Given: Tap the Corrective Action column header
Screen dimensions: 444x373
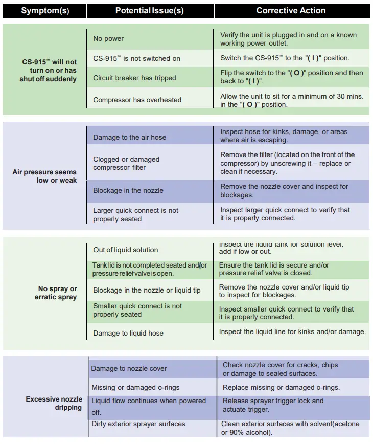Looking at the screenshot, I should [x=291, y=11].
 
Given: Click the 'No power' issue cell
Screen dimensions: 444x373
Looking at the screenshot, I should [x=108, y=38].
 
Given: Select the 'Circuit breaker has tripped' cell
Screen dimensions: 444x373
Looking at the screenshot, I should [x=134, y=78].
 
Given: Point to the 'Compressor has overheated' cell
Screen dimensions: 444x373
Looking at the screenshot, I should [x=137, y=100].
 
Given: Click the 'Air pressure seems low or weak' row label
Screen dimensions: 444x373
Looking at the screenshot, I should [x=45, y=176].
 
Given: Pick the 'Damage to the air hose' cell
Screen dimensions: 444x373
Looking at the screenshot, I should [x=129, y=137].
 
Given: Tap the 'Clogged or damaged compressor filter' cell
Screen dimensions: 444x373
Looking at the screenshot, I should [x=126, y=163].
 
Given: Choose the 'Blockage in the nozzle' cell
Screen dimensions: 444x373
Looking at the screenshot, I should [x=128, y=190].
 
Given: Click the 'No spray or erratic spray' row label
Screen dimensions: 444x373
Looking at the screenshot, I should [x=56, y=293].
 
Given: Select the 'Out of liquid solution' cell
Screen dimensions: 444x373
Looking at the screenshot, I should [x=126, y=250].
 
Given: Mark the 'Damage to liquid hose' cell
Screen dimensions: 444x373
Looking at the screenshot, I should [x=128, y=333].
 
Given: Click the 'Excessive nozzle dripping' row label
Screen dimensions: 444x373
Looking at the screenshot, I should [x=54, y=403].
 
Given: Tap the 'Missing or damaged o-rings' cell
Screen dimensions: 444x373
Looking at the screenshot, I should [x=135, y=387].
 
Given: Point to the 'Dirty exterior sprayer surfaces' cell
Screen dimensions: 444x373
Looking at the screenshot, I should [x=138, y=424].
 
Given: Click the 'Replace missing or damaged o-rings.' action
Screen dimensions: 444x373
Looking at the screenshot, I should [x=281, y=387].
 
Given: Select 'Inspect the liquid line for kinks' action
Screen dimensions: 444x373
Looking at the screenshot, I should [x=292, y=331].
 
